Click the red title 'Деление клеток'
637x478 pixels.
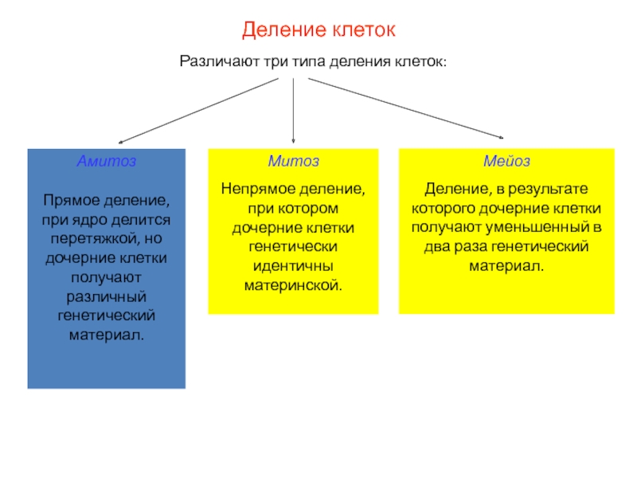tap(318, 31)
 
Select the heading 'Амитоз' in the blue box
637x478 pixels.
tap(106, 161)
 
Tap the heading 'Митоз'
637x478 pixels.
tap(293, 161)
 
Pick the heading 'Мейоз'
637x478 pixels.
tap(506, 161)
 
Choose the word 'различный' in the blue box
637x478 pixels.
tap(107, 296)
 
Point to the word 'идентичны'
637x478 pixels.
tap(294, 265)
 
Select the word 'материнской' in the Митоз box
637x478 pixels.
tap(292, 284)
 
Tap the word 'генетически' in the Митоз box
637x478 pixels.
tap(294, 246)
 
